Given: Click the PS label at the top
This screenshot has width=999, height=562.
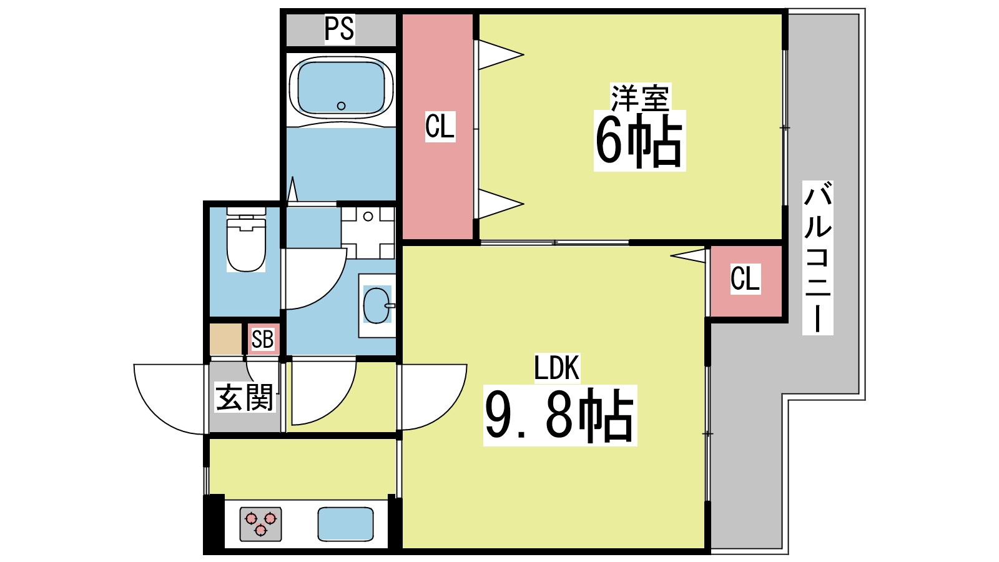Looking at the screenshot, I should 340,28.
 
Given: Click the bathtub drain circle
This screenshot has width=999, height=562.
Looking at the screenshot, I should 341,106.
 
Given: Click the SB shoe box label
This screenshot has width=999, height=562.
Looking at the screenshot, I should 262,339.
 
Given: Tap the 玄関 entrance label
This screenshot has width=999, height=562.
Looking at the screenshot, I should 244,397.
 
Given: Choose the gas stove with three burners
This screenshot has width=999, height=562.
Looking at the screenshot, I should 260,524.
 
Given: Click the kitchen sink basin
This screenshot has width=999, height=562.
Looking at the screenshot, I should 345,524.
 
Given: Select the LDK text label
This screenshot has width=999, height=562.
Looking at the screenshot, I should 556,368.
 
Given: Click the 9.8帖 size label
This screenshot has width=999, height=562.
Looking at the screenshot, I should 559,415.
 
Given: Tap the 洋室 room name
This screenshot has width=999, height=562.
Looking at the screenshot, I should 639,97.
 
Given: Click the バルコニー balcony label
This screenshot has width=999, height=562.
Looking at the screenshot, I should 817,257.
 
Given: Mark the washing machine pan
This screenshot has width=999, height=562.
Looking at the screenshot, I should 368,232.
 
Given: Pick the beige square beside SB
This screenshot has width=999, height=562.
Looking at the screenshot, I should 225,339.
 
